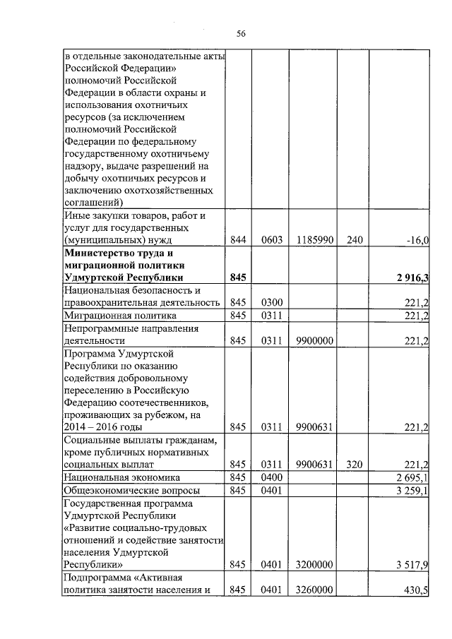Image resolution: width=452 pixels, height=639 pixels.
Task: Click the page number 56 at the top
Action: click(x=240, y=33)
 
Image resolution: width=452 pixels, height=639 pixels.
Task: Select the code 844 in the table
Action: click(x=237, y=241)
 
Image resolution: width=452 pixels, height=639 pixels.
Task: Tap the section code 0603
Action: click(x=271, y=241)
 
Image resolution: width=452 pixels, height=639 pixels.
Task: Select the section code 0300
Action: click(x=271, y=304)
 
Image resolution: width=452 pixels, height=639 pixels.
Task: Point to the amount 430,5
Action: click(x=417, y=590)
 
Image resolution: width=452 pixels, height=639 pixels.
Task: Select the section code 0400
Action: click(x=271, y=477)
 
